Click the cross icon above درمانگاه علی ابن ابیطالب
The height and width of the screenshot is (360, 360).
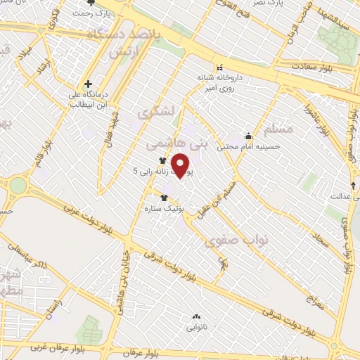(88, 84)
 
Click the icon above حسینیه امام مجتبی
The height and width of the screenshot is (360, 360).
(247, 136)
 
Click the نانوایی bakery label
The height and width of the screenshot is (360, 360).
(197, 327)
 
